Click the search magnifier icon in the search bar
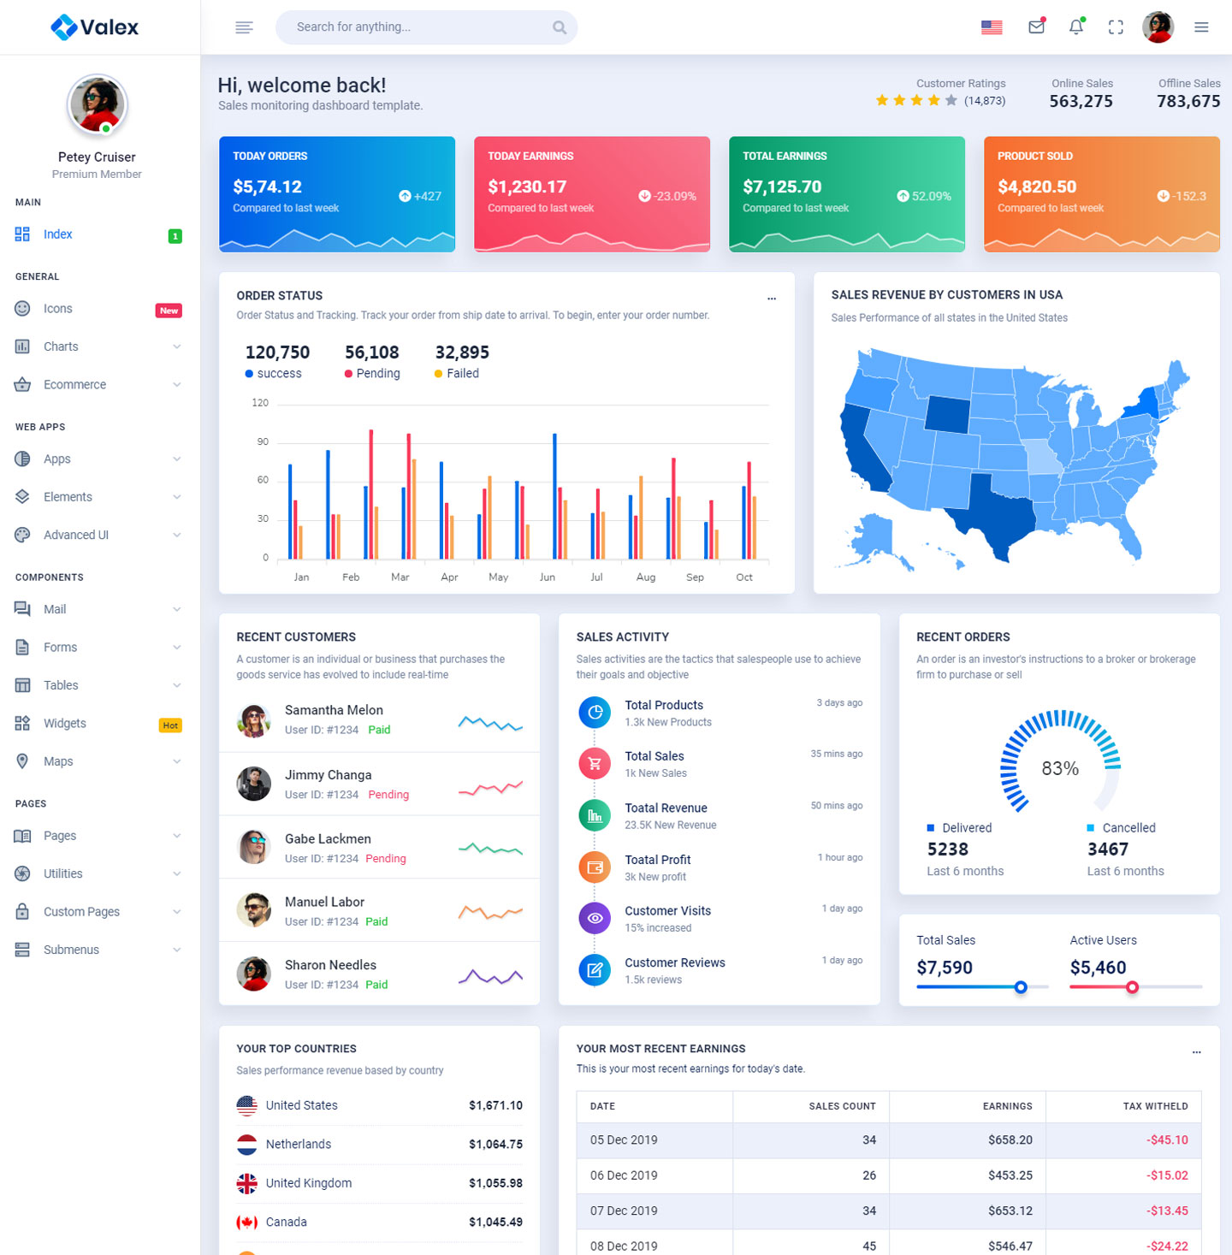tap(560, 27)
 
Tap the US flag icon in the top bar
tap(992, 27)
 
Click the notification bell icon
tap(1076, 27)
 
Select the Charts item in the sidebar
tap(61, 346)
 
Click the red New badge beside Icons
tap(169, 311)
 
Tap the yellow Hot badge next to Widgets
tap(170, 725)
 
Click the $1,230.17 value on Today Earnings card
tap(527, 186)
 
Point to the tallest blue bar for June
tap(554, 496)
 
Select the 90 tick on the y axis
tap(263, 442)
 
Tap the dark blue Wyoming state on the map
tap(948, 414)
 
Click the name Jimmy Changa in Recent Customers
tap(328, 775)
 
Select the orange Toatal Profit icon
tap(595, 867)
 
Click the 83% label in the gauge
tap(1060, 768)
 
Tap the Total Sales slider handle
tap(1021, 987)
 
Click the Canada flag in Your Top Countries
tap(247, 1222)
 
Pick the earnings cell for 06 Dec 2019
tap(1010, 1175)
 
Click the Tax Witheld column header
tap(1155, 1106)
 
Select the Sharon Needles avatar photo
tap(254, 974)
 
